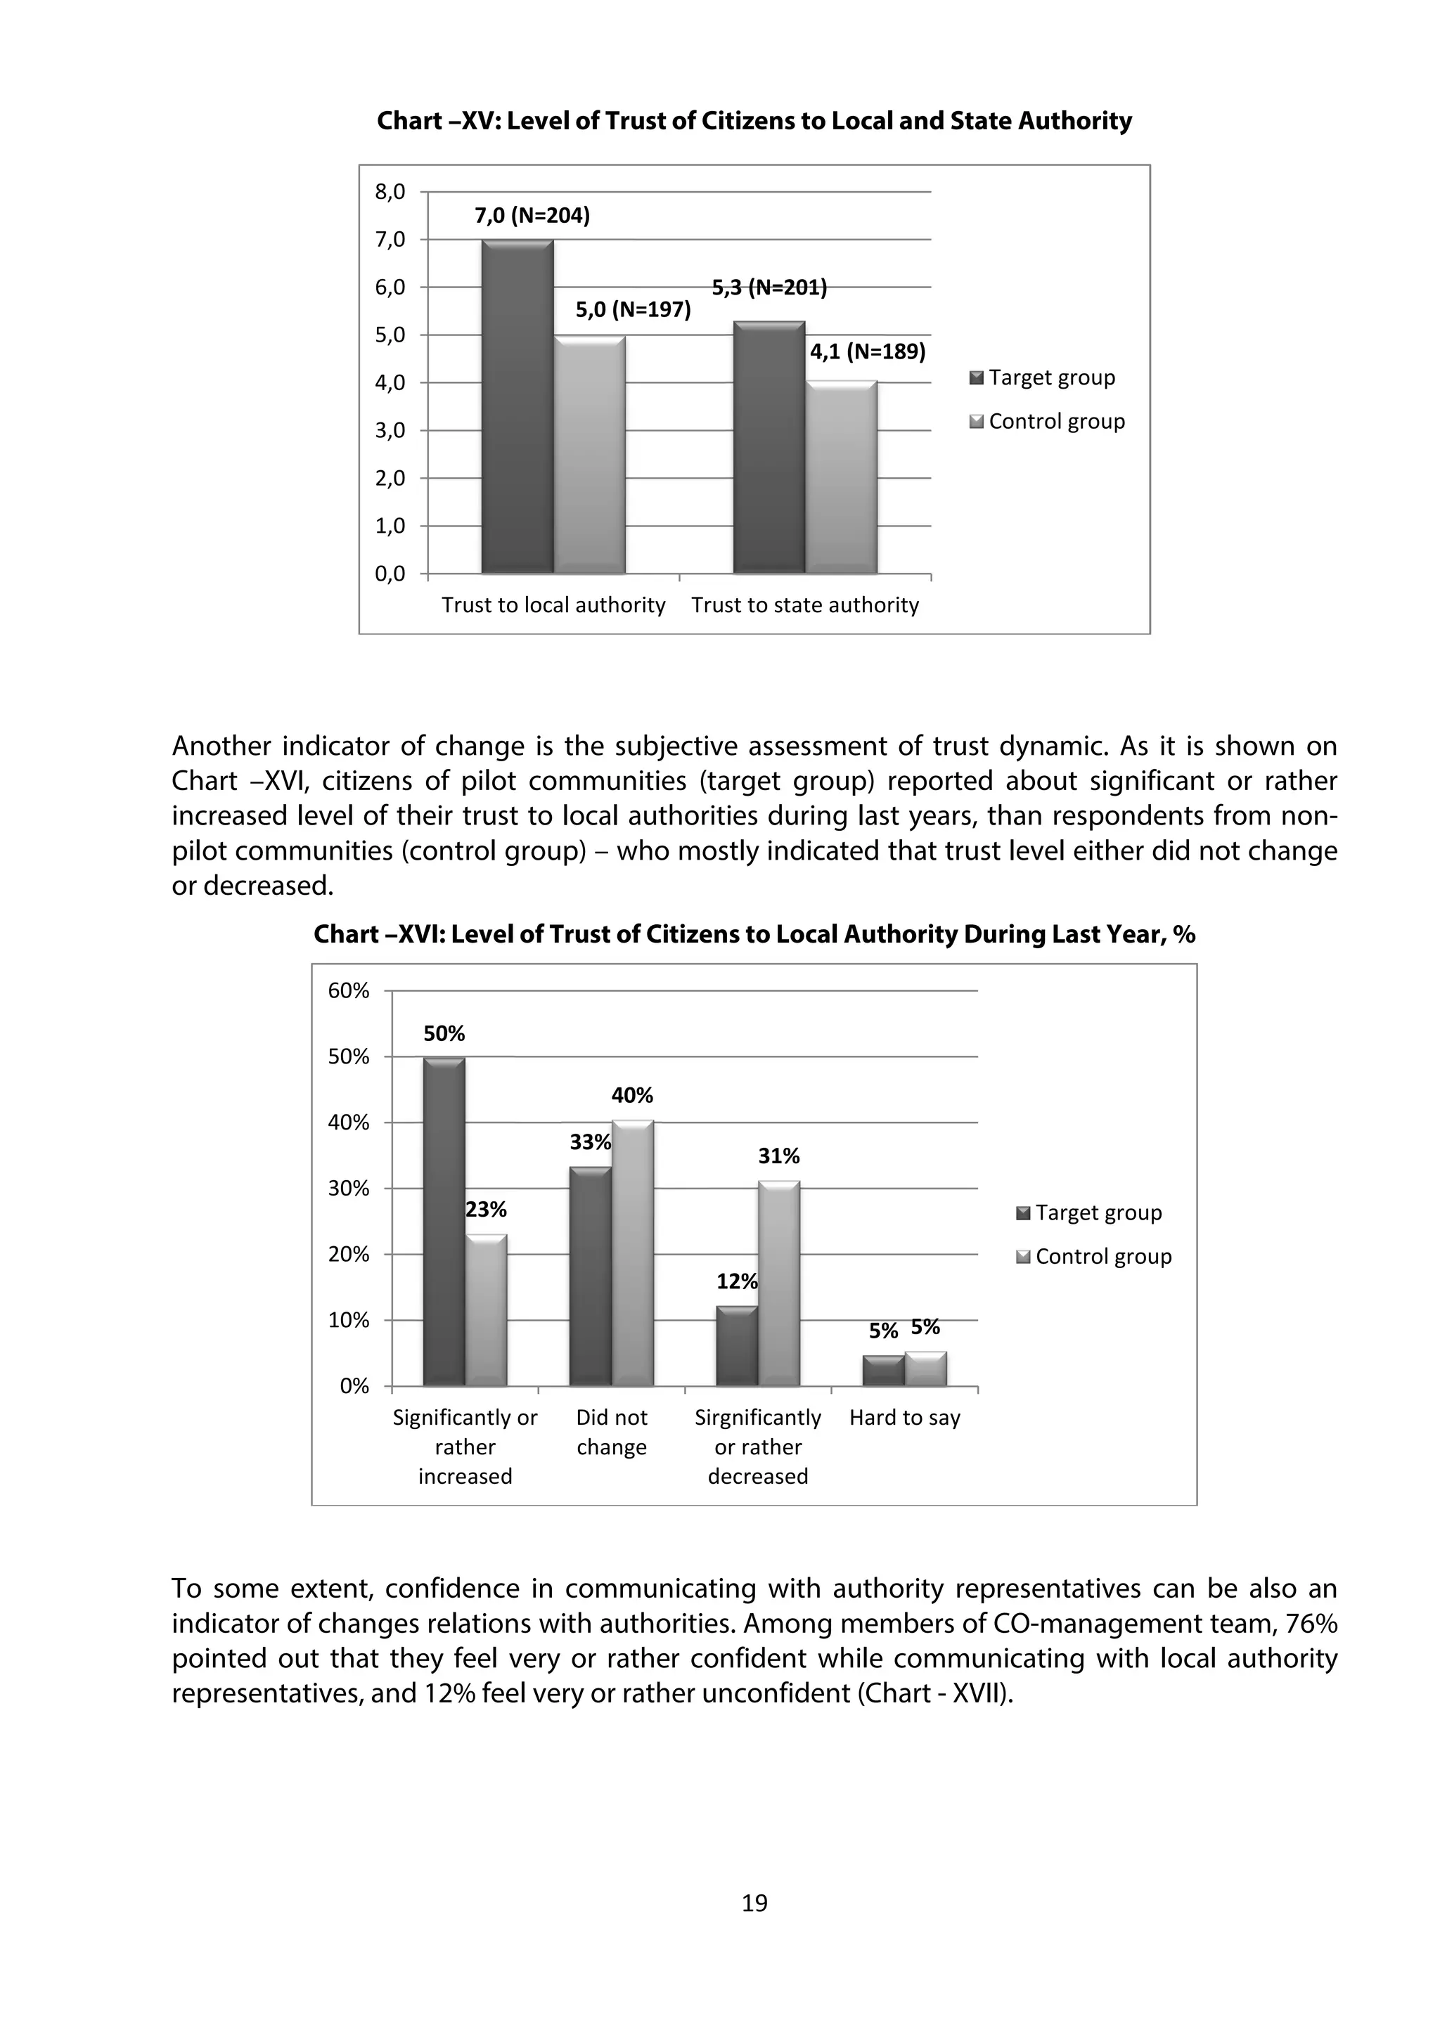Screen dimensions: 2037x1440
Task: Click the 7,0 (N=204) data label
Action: coord(532,216)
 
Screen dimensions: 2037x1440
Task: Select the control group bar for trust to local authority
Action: coord(589,454)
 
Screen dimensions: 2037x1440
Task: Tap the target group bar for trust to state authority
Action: coord(769,448)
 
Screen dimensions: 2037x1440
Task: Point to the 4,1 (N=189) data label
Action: coord(867,352)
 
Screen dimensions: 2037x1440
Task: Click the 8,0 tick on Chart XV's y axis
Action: coord(390,192)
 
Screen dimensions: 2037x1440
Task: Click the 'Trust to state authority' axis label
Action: coord(805,605)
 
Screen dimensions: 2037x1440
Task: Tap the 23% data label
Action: coord(486,1209)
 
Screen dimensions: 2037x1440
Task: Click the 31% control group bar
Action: coord(779,1283)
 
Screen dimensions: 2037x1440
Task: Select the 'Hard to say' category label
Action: coord(904,1418)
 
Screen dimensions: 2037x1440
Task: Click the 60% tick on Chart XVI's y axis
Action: coord(349,991)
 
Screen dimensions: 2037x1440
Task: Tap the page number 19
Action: coord(754,1902)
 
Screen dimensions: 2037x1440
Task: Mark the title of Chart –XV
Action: coord(754,121)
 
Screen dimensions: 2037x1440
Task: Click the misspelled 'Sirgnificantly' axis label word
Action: coord(758,1418)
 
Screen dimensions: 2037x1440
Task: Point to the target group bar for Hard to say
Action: coord(883,1371)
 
